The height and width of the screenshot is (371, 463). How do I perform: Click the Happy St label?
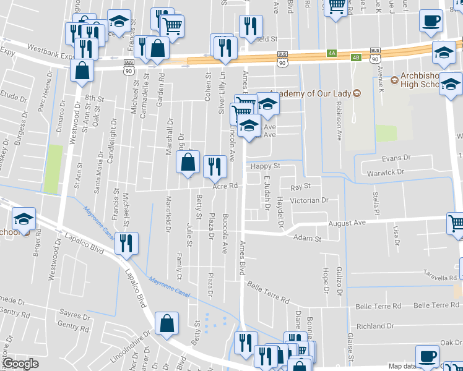[265, 166]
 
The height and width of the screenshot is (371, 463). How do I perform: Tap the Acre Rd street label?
[225, 185]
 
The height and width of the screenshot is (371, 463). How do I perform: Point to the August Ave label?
[348, 223]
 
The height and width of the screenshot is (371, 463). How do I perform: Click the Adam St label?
[308, 238]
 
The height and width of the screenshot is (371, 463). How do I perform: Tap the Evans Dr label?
[396, 159]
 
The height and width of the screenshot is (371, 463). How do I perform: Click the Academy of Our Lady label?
[309, 93]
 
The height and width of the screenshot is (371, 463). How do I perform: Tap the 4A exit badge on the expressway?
[332, 54]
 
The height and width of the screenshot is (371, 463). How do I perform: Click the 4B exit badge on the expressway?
[355, 58]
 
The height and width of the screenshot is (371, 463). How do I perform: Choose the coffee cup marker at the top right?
[431, 21]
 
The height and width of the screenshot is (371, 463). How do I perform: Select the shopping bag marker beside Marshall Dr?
[188, 162]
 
